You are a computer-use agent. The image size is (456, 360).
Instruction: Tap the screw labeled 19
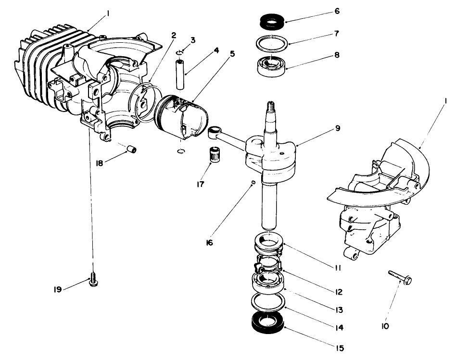[94, 279]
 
